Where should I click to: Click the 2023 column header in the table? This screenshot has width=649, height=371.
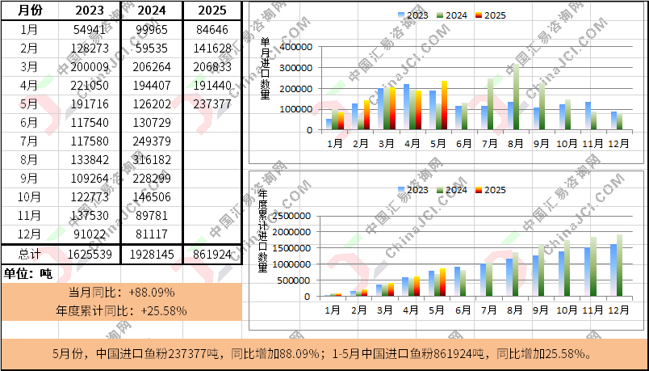(89, 11)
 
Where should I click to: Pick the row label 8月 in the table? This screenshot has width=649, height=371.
(29, 160)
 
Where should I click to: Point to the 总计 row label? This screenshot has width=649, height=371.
(29, 254)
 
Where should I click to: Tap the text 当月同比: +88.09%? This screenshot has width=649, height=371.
(121, 292)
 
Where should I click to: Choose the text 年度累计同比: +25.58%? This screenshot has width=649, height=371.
(121, 310)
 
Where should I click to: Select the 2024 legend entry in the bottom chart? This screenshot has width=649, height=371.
(452, 190)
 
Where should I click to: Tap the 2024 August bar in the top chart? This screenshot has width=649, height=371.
(517, 97)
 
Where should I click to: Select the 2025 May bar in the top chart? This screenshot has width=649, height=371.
(444, 105)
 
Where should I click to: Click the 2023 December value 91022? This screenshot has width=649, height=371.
(89, 234)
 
